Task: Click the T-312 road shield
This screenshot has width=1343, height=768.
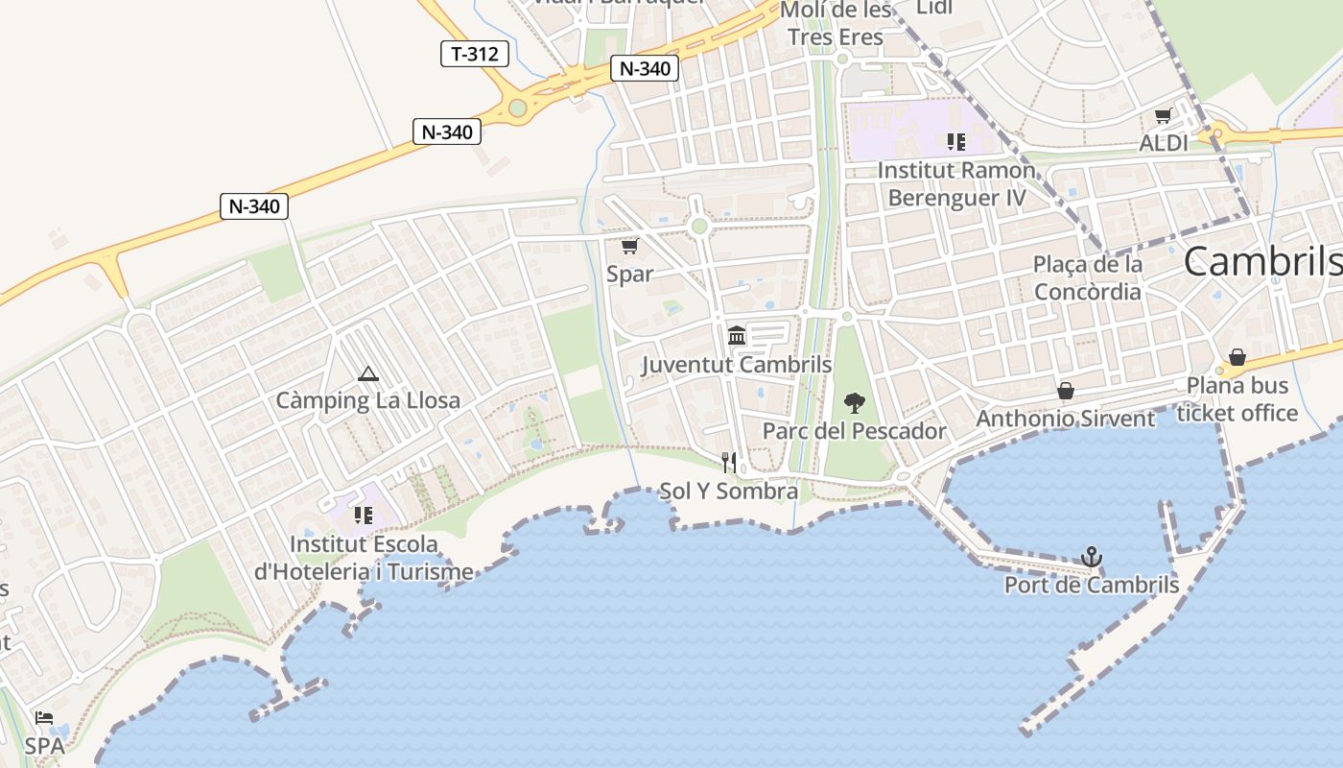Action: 475,54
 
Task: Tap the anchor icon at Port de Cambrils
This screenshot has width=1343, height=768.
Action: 1091,557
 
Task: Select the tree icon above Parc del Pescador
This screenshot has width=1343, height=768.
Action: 854,403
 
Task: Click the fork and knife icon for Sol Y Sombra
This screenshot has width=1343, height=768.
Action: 729,463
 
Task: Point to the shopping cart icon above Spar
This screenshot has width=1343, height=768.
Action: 629,247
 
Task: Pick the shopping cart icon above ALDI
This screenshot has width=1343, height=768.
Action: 1163,116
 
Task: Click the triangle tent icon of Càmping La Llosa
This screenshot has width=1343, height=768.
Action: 366,373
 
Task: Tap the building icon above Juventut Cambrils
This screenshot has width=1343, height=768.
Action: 737,336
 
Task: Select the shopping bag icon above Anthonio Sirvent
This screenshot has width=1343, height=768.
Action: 1065,391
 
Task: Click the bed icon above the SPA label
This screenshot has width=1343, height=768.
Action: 44,718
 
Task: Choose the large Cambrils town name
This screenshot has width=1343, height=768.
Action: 1261,261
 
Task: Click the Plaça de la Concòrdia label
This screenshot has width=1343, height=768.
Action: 1088,277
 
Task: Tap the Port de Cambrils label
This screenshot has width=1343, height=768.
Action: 1091,585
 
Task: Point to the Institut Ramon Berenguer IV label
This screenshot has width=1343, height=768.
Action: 956,184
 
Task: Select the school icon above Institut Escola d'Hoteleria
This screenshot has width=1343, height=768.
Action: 363,516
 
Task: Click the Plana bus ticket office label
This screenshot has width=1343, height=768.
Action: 1237,399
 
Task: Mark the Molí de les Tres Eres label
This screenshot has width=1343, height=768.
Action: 836,23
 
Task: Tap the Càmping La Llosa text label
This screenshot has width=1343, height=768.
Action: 368,400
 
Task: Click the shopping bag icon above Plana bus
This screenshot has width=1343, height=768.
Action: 1237,358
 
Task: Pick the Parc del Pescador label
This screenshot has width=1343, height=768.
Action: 854,431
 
